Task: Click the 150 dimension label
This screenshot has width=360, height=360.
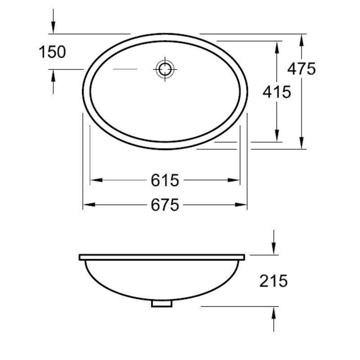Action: (x=53, y=52)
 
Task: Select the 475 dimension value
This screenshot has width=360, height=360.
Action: (x=301, y=69)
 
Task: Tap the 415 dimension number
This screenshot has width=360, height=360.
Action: (x=277, y=92)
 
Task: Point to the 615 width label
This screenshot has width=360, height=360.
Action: (x=165, y=180)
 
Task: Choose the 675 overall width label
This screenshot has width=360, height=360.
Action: (x=165, y=205)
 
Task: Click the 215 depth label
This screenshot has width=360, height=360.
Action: (x=274, y=281)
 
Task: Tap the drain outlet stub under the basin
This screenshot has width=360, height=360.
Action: (x=162, y=304)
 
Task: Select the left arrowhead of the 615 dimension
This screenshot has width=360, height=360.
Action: (x=96, y=180)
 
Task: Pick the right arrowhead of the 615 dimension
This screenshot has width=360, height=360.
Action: (x=234, y=180)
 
